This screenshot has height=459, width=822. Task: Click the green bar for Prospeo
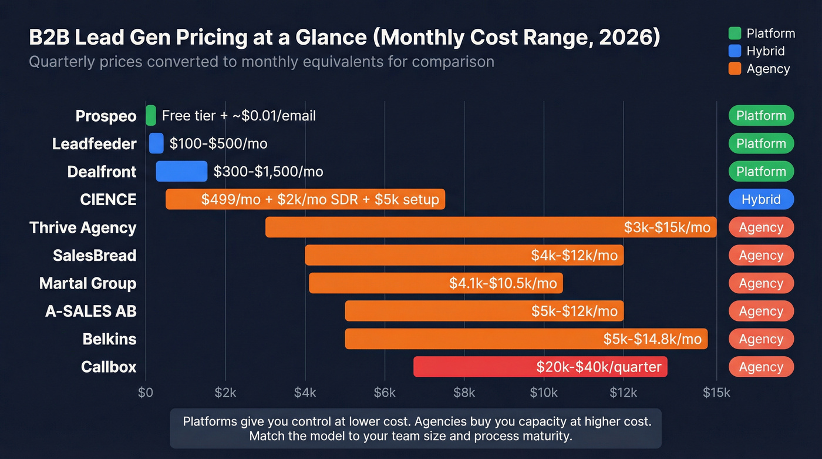(x=151, y=115)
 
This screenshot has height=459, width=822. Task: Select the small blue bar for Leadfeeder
(x=156, y=143)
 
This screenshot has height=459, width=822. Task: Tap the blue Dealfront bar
(x=181, y=171)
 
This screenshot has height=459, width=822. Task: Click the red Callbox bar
(x=540, y=367)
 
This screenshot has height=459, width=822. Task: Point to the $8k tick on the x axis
(x=464, y=393)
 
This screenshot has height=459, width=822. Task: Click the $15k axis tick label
(x=716, y=393)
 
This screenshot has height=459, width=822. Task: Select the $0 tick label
(x=146, y=393)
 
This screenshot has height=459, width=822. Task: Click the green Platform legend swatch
(x=734, y=33)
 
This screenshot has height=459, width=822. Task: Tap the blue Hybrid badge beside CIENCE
(x=761, y=199)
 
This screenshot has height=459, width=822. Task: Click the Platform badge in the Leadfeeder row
(x=761, y=143)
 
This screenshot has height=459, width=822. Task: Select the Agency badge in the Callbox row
(x=761, y=367)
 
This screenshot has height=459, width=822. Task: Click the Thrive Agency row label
(x=83, y=227)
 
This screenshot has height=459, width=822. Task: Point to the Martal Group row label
(x=87, y=283)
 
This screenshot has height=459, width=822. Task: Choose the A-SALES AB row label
(x=90, y=311)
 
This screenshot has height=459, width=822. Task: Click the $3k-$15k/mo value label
(x=667, y=227)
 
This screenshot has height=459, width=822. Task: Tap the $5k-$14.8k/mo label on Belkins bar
(x=652, y=339)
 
